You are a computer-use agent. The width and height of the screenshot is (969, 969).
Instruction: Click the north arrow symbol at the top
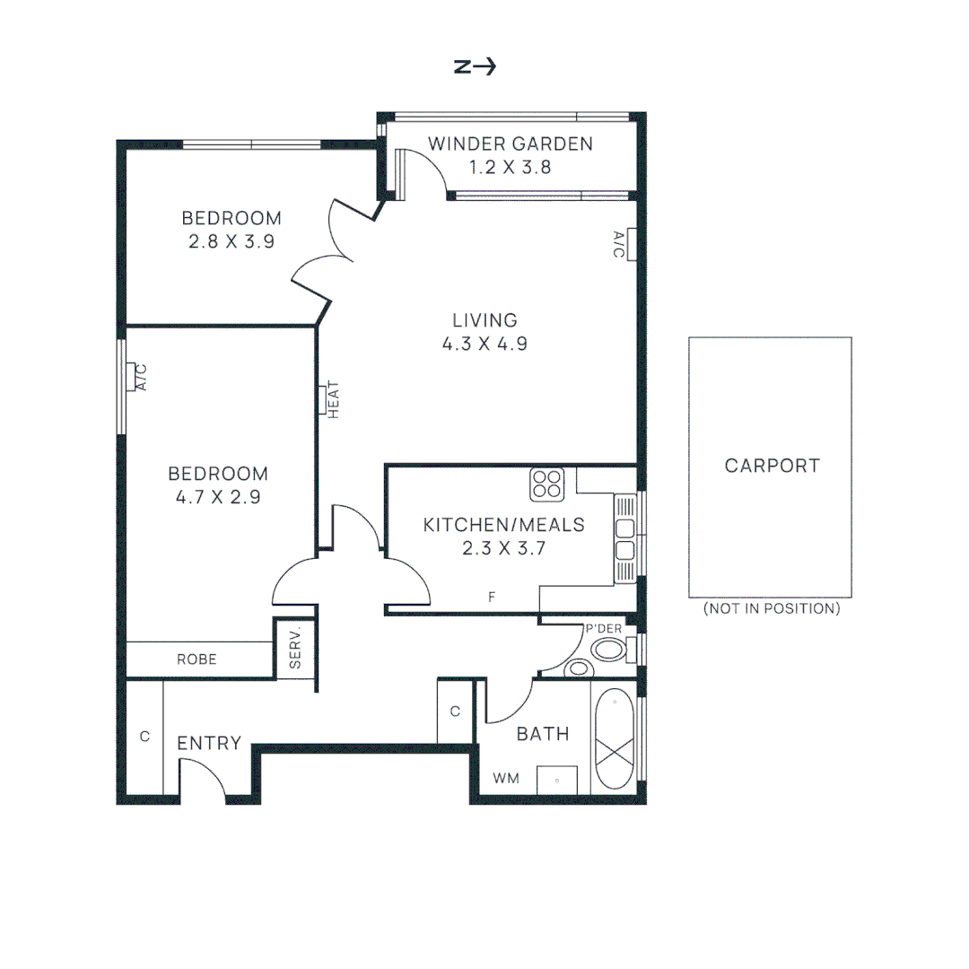coord(475,67)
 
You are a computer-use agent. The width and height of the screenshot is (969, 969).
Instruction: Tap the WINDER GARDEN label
coord(510,144)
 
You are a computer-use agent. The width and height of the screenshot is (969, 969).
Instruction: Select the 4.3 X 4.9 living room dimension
coord(484,343)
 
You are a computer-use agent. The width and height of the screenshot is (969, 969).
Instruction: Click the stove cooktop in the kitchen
coord(546,484)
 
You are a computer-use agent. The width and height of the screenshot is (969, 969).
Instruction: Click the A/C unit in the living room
coord(631,244)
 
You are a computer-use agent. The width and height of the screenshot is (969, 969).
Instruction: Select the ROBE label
coord(196,659)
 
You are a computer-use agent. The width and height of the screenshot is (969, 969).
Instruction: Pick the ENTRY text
coord(209,743)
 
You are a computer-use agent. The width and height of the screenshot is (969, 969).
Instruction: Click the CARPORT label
coord(772,466)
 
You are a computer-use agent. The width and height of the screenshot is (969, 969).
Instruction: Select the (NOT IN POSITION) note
coord(772,608)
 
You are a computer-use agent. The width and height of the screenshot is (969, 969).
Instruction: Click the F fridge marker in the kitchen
coord(492,596)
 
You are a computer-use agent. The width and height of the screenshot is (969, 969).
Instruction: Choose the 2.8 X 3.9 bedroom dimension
coord(231,240)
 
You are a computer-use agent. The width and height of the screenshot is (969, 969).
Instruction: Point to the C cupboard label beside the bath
coord(455,711)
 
